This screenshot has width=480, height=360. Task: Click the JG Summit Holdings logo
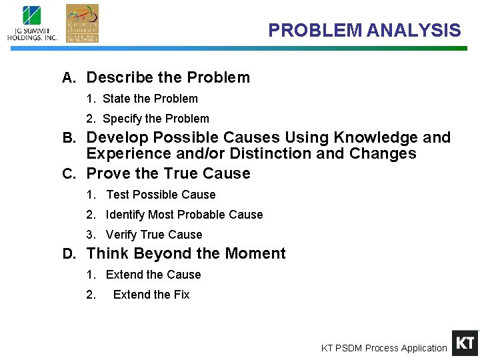pos(32,23)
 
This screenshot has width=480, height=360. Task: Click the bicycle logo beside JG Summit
pos(82,23)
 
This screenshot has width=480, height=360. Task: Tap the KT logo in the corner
pos(465,343)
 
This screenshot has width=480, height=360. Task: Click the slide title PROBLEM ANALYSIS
pos(364,31)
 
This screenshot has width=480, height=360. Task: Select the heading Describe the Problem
pos(168,77)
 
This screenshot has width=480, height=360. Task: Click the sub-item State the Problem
pos(150,99)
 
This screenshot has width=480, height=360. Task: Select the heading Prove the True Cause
pos(169,173)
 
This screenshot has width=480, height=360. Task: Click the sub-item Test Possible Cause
pos(161,195)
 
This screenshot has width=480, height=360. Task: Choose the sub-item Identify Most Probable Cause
pos(184,215)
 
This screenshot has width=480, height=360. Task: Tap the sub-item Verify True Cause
pos(153,235)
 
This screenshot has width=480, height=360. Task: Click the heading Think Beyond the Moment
pos(186,253)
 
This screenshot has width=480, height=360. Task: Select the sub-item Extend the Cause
pos(153,275)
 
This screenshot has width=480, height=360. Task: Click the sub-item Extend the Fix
pos(151,295)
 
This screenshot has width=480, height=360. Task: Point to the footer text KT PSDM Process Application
pos(384,348)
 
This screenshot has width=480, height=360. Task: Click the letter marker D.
pos(68,254)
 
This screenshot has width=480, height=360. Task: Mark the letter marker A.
pos(68,78)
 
